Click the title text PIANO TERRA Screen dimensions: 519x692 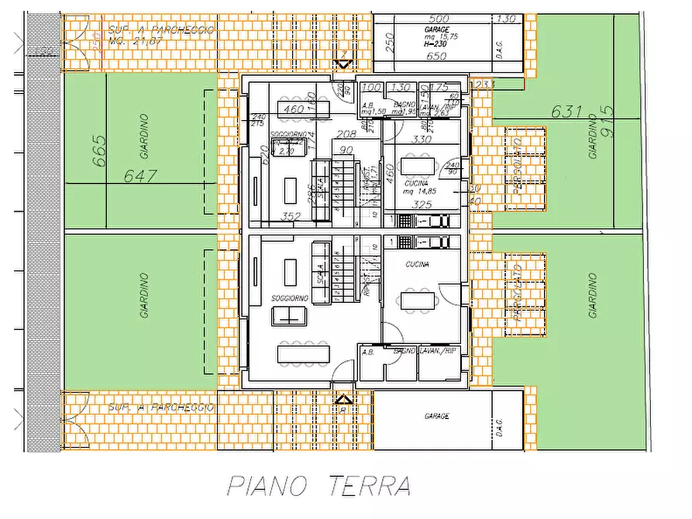tap(318, 486)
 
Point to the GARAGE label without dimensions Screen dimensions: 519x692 tap(436, 416)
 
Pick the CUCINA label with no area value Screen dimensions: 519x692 tap(416, 265)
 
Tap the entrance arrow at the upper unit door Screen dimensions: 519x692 tap(344, 64)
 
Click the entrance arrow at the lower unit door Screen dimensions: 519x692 tap(344, 400)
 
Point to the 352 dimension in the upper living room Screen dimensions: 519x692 tap(291, 217)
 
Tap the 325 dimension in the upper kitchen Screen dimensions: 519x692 tap(423, 205)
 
